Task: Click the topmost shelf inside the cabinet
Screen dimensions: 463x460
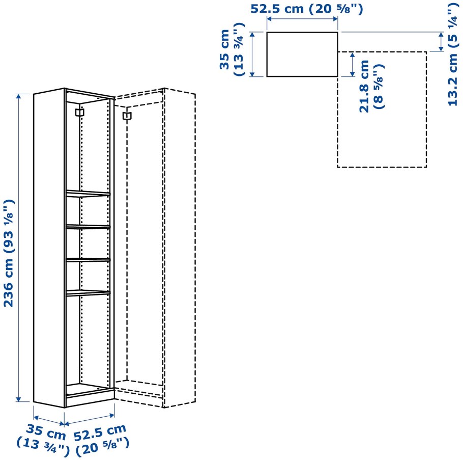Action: point(88,194)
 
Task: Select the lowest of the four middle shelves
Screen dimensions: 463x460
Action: point(88,293)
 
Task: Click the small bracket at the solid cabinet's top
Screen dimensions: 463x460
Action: point(80,113)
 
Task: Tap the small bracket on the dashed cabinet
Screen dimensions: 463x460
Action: point(127,116)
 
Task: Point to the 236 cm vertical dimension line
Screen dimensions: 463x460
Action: point(19,248)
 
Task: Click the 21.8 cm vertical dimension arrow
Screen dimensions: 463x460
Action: point(352,64)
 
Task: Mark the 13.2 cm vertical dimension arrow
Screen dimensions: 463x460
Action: point(441,42)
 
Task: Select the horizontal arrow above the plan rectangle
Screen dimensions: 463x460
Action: point(302,19)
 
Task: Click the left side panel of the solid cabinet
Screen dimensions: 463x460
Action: point(49,248)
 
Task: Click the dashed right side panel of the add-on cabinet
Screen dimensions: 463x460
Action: point(180,248)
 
